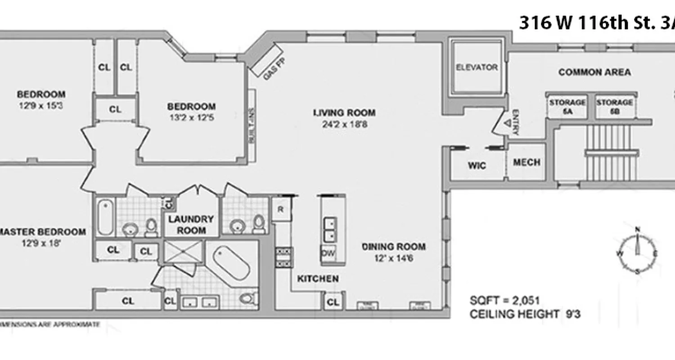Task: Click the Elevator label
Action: (x=477, y=67)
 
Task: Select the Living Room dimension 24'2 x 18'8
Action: (x=344, y=125)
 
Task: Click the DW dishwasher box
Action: (x=328, y=254)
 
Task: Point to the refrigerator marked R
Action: (x=280, y=209)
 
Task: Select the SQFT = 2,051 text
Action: (x=504, y=301)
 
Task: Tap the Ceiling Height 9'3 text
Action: (x=525, y=314)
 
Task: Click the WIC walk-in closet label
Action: (x=477, y=166)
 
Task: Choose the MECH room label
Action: (x=526, y=162)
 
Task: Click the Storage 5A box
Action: (x=567, y=107)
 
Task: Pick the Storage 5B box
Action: (x=614, y=107)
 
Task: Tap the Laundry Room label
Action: (x=191, y=225)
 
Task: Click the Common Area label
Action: (x=594, y=72)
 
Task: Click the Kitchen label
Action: (x=317, y=279)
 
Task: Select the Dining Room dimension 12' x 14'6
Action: (x=394, y=258)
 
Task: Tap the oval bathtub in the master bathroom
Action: (x=231, y=263)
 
